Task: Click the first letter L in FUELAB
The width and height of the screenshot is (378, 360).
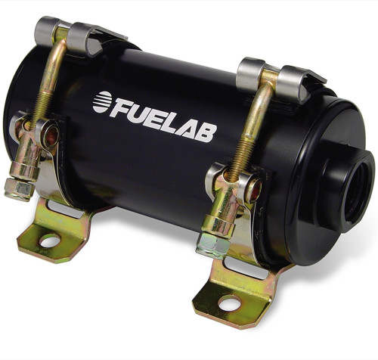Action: coord(173,123)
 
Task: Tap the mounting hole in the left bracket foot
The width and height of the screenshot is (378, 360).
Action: coord(49,241)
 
